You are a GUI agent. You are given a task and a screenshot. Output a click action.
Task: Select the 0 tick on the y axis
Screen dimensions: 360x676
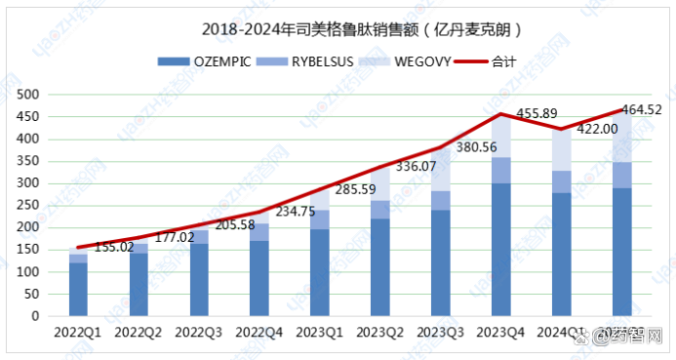[x=33, y=316]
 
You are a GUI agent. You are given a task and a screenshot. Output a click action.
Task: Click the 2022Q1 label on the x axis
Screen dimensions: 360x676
[x=78, y=333]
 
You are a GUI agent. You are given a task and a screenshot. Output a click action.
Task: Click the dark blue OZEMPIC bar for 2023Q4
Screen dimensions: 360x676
[x=499, y=250]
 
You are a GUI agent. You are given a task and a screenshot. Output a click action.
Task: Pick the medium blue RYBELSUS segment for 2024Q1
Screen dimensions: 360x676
[x=560, y=181]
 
